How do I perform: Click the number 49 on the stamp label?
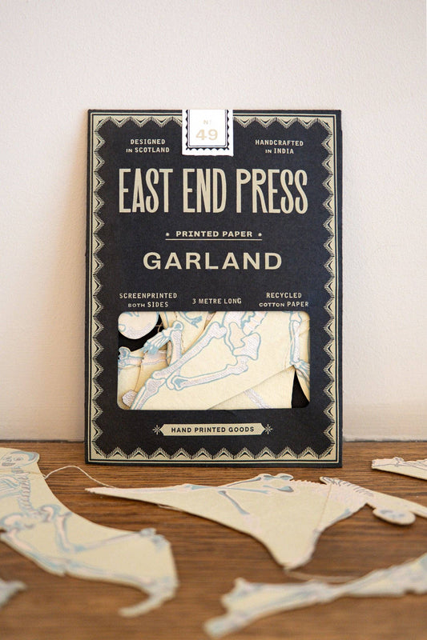(207, 134)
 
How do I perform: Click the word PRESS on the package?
(271, 190)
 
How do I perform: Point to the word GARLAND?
(212, 261)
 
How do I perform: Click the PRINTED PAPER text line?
(213, 234)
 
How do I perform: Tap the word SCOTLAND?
(148, 150)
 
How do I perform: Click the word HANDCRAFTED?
(279, 142)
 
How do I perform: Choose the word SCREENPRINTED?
(147, 295)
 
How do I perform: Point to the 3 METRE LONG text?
(214, 301)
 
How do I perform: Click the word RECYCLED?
(284, 295)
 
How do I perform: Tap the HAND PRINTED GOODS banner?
(212, 429)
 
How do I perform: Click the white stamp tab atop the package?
(207, 131)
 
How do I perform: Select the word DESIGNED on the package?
(147, 142)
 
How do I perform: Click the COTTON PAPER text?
(284, 304)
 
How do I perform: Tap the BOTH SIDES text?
(147, 304)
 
